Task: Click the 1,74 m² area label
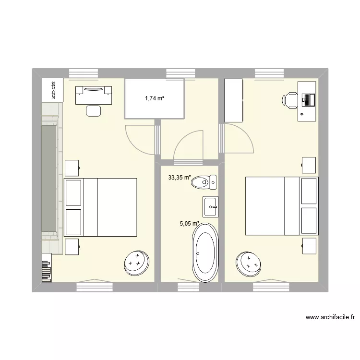tap(155, 98)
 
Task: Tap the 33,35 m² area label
tap(179, 178)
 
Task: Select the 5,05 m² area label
tap(190, 223)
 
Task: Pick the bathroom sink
tap(210, 206)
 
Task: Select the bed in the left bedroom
tap(101, 207)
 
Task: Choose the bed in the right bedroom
tap(281, 206)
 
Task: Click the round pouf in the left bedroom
tap(136, 261)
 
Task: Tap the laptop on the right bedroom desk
tap(307, 100)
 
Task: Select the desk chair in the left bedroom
tap(94, 110)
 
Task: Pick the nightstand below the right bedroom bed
tap(310, 245)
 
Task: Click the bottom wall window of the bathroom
tap(188, 287)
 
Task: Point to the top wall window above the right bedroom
tap(267, 73)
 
